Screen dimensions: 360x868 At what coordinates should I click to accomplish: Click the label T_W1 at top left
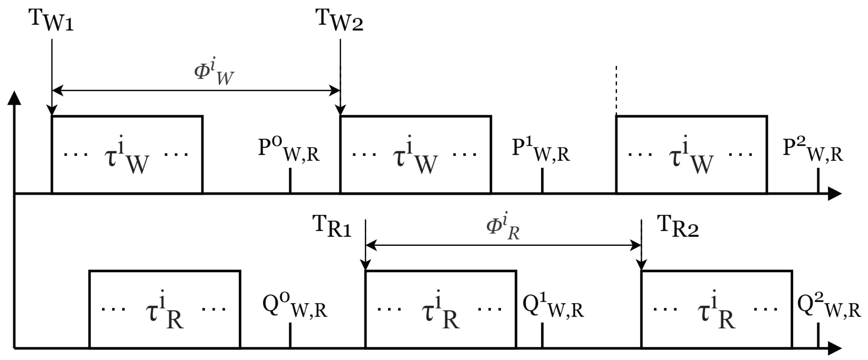click(x=51, y=20)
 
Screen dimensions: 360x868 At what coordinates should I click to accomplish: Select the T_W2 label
click(x=340, y=20)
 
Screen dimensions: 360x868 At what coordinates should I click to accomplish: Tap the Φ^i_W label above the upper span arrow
click(x=214, y=72)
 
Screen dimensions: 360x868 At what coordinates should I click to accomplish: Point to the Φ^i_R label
click(x=503, y=227)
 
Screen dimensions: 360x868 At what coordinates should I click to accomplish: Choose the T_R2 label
click(x=678, y=227)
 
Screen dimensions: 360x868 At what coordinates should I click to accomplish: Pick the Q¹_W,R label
click(x=553, y=306)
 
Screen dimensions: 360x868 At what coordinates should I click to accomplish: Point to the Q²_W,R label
click(x=829, y=306)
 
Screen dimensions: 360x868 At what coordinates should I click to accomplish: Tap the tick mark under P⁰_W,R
click(x=290, y=180)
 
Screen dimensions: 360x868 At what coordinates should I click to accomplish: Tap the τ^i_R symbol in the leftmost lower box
click(x=165, y=310)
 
